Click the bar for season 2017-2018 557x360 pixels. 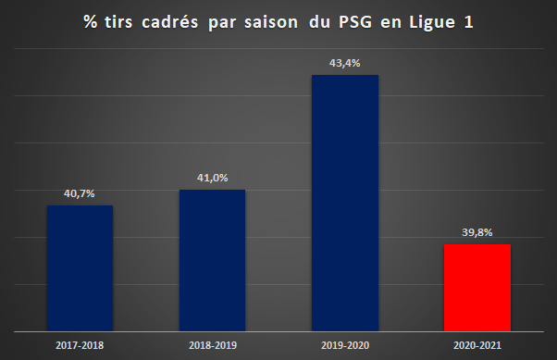(80, 268)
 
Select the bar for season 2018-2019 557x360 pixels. (212, 260)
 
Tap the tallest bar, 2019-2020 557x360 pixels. (345, 203)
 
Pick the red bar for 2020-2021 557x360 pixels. (477, 288)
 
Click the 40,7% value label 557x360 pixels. (80, 193)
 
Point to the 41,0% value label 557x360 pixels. (213, 178)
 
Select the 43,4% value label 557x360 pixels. (344, 63)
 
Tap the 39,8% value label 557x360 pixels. (477, 232)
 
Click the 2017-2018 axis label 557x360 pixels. (80, 345)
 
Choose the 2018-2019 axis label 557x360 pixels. (213, 345)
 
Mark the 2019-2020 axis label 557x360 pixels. (345, 345)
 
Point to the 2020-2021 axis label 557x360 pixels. (477, 345)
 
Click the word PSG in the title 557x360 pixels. (355, 21)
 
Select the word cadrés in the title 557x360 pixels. (170, 21)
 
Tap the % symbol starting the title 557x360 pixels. (91, 21)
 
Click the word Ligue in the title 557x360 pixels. (432, 22)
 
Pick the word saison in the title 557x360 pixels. (271, 21)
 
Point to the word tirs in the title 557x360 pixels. (118, 21)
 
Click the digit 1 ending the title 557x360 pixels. (469, 21)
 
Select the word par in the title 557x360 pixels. (222, 23)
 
